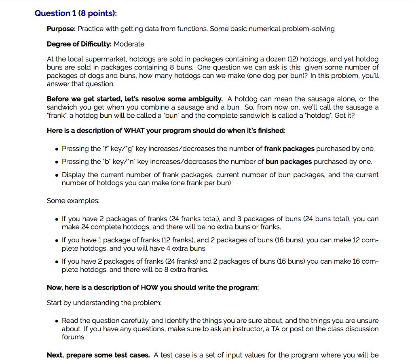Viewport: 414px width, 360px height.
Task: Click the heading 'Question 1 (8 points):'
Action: pos(76,13)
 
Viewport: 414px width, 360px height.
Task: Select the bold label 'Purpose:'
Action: pos(61,29)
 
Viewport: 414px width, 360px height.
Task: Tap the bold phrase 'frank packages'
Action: pos(289,148)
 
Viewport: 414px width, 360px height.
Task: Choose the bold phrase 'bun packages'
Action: pos(289,162)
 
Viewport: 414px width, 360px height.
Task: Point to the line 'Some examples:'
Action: pos(73,201)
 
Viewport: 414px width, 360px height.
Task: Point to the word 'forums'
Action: pos(73,337)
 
